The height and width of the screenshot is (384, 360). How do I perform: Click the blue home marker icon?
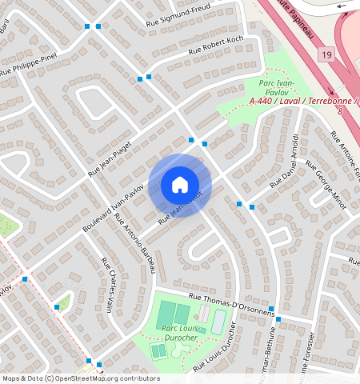click(180, 185)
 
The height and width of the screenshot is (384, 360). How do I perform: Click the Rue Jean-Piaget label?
click(109, 156)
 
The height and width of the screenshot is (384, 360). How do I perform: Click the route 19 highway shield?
click(326, 54)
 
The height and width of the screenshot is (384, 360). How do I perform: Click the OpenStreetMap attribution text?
click(81, 378)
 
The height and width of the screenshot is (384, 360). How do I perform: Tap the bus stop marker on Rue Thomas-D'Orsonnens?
click(270, 309)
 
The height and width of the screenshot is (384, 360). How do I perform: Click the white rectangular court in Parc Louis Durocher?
click(218, 322)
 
